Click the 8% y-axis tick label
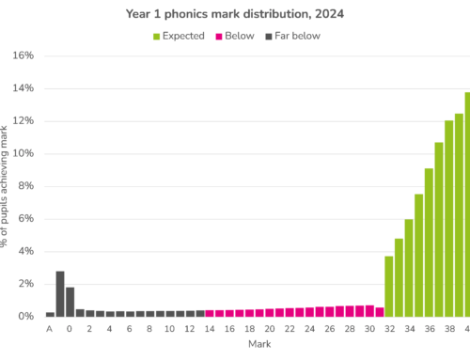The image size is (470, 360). click(25, 186)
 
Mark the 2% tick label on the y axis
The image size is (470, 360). click(25, 284)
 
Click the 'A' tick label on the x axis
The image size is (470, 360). click(50, 329)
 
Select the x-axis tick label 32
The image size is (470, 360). click(389, 329)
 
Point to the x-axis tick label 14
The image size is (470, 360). click(210, 329)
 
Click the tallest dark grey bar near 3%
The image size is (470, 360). click(60, 294)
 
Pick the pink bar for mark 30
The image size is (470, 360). click(369, 311)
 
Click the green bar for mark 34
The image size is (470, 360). click(409, 268)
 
